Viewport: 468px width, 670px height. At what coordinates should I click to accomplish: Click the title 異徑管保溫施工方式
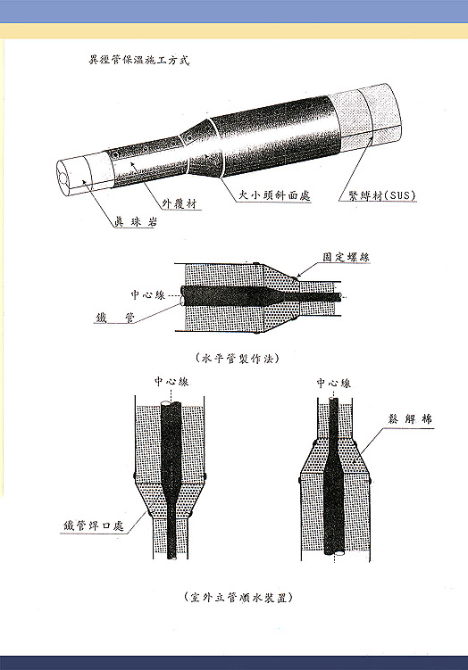(x=138, y=60)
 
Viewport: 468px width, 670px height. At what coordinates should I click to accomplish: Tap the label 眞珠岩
(x=136, y=221)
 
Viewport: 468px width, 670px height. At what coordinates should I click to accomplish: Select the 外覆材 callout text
(x=180, y=203)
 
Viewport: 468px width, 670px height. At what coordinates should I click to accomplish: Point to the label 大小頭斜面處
(x=274, y=195)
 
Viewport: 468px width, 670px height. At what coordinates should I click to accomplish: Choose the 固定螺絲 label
(x=346, y=257)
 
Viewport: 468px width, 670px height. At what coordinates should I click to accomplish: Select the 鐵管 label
(x=114, y=318)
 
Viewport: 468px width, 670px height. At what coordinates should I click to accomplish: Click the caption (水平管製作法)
(x=238, y=358)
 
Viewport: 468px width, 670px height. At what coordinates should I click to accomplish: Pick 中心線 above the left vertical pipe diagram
(x=171, y=381)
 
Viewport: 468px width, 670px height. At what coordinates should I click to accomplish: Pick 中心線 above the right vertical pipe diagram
(x=333, y=383)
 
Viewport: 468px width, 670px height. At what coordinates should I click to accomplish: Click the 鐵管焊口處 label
(x=94, y=525)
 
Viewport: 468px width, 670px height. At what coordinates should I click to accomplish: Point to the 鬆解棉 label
(x=409, y=418)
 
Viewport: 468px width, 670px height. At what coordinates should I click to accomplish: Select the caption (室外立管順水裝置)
(x=238, y=597)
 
